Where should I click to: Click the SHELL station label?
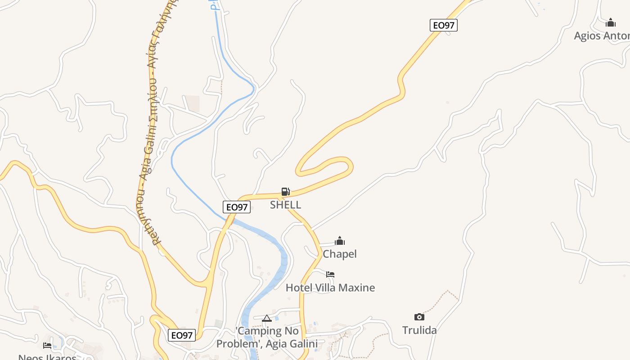(285, 205)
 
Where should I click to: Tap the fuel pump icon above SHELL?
(285, 192)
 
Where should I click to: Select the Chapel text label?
(340, 254)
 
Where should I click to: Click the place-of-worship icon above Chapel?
(340, 241)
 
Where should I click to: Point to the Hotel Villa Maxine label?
(330, 288)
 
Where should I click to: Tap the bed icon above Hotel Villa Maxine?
(330, 274)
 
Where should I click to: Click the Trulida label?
(419, 330)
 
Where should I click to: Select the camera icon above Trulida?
(419, 317)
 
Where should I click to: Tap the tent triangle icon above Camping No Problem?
(267, 319)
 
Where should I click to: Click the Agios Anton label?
(602, 36)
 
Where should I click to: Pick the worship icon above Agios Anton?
(611, 22)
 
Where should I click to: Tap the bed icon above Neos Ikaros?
(47, 345)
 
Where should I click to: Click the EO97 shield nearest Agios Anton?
(444, 25)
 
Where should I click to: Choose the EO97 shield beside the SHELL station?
(237, 207)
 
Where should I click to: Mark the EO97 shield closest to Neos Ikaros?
(182, 335)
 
